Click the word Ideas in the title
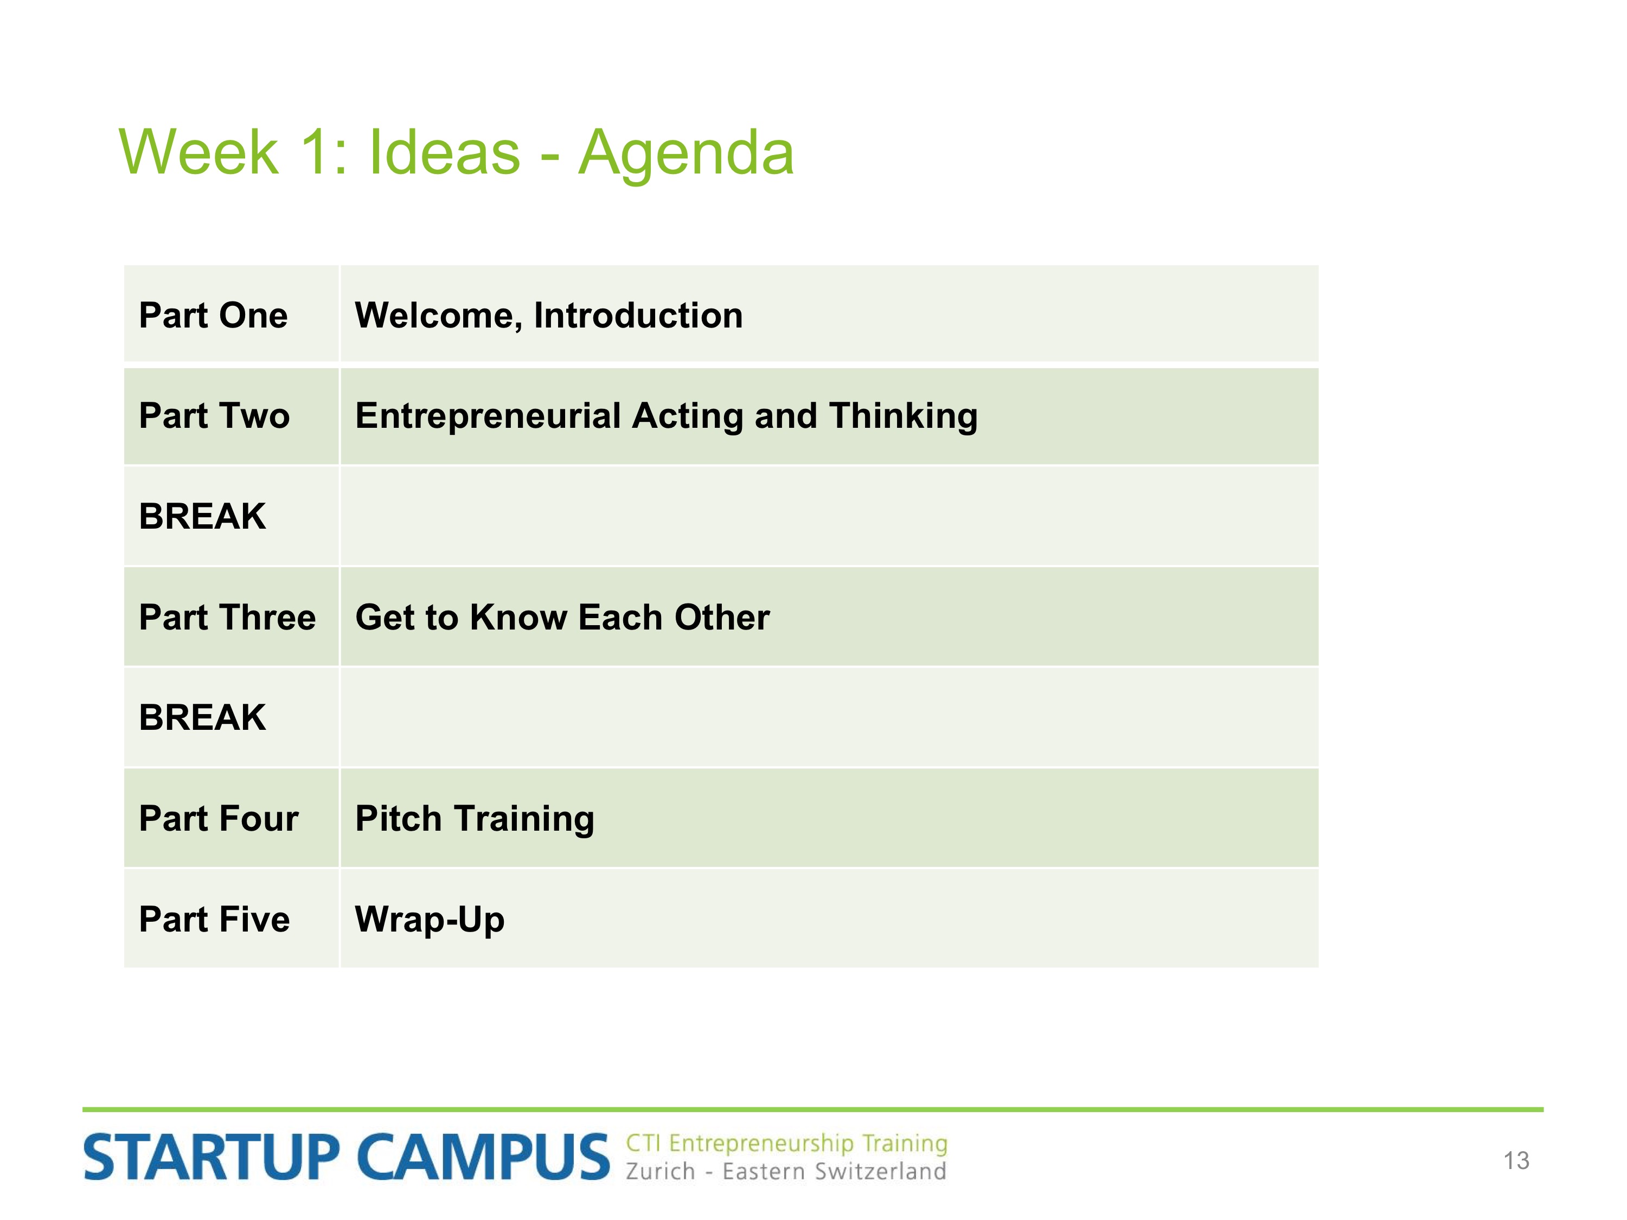444,152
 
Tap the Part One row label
213,316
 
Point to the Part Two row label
214,415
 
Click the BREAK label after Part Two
202,516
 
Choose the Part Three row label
227,617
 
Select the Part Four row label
219,818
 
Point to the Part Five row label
214,919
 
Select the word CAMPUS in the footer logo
484,1158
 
